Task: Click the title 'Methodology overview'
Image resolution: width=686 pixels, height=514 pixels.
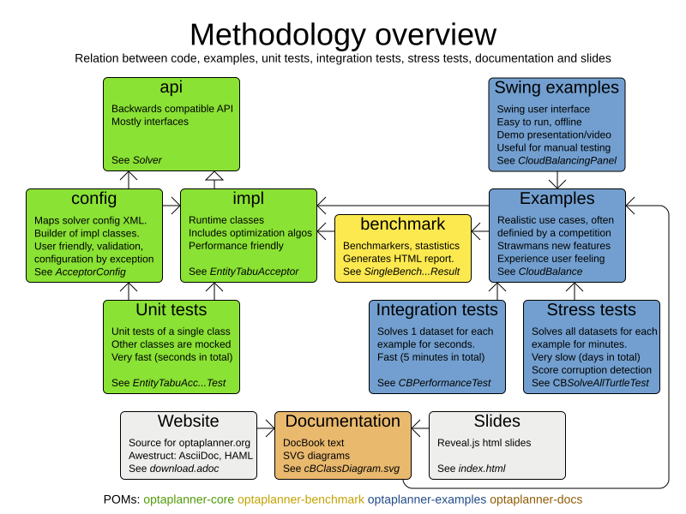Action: tap(343, 34)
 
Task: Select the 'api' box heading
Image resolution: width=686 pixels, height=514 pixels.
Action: tap(171, 87)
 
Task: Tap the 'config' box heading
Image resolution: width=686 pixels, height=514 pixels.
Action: tap(93, 199)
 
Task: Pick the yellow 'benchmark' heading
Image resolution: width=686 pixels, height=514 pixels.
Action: tap(402, 224)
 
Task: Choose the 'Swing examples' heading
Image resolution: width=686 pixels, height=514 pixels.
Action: tap(557, 87)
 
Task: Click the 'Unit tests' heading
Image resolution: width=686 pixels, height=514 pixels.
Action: tap(171, 309)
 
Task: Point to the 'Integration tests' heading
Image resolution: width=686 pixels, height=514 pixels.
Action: tap(436, 309)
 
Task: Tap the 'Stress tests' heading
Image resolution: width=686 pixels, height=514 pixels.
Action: tap(591, 309)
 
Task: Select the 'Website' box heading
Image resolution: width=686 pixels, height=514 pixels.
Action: tap(188, 421)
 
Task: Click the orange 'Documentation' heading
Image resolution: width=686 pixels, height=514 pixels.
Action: tap(342, 421)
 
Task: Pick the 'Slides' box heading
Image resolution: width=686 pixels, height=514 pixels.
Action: tap(496, 421)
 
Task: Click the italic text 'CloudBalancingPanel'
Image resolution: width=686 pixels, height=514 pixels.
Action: tap(568, 160)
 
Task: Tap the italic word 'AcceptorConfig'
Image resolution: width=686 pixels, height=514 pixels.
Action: tap(90, 272)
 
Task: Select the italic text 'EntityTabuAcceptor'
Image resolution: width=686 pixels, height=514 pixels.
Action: tap(254, 272)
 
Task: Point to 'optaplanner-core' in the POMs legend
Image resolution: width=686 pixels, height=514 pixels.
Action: tap(188, 499)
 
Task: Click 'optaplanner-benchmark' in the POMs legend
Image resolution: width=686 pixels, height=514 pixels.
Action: tap(300, 499)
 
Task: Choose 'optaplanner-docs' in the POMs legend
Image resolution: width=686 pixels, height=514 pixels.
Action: tap(536, 499)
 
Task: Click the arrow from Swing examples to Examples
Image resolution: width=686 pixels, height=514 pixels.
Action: tap(557, 179)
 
